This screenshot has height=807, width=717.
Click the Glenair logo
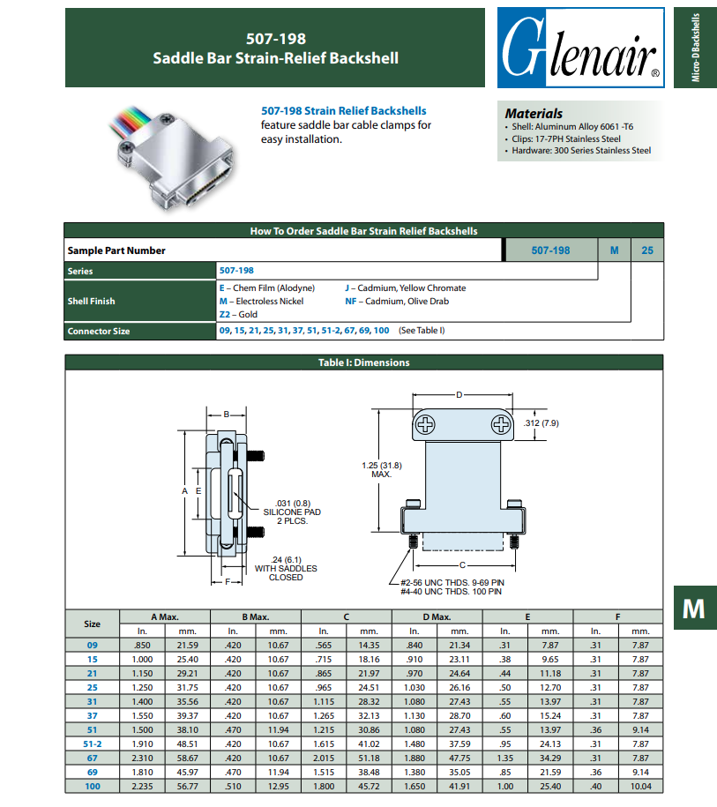click(x=580, y=48)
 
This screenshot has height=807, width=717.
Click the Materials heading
click(x=534, y=114)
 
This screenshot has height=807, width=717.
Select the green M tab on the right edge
click(x=693, y=608)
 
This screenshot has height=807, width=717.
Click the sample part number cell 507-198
click(x=550, y=250)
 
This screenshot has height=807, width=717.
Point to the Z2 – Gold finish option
click(x=238, y=314)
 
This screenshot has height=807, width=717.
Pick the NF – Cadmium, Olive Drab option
click(x=397, y=301)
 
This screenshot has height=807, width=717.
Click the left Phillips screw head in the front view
click(x=427, y=426)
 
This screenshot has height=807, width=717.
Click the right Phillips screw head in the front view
click(x=501, y=426)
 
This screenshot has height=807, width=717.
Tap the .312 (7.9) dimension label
click(x=541, y=423)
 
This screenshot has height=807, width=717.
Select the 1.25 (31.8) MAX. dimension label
click(x=381, y=469)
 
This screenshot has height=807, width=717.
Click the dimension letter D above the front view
click(x=459, y=394)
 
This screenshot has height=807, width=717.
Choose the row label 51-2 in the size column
click(x=92, y=743)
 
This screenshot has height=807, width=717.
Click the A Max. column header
click(x=165, y=616)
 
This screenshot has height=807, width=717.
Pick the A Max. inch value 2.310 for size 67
click(x=142, y=758)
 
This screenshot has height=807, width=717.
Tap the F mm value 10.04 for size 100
click(x=640, y=786)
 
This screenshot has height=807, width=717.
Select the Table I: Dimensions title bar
click(x=363, y=362)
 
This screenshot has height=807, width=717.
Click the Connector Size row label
click(x=99, y=331)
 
